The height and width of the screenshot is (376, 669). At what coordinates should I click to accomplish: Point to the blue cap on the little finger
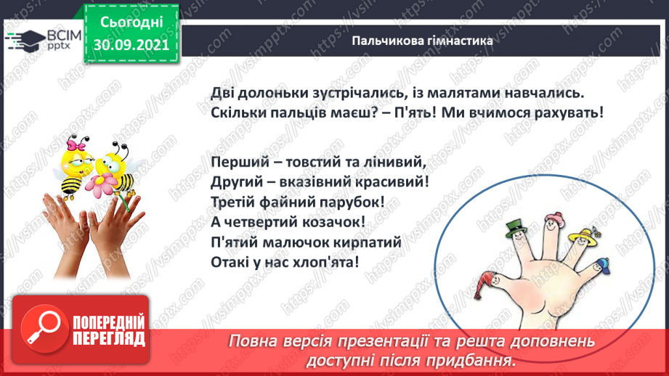tap(600, 263)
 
